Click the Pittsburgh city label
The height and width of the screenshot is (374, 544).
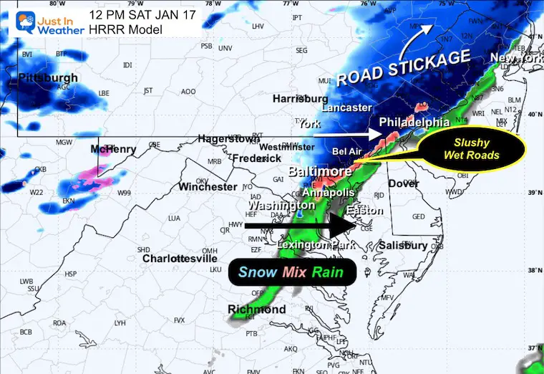click(48, 77)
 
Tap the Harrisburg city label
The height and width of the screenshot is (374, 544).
click(300, 98)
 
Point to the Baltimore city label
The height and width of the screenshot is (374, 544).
click(319, 172)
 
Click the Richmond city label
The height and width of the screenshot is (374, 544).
click(256, 310)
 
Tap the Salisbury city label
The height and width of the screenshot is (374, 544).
click(402, 246)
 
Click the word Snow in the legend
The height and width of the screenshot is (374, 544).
click(255, 272)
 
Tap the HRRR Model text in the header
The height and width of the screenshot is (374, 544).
click(126, 29)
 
